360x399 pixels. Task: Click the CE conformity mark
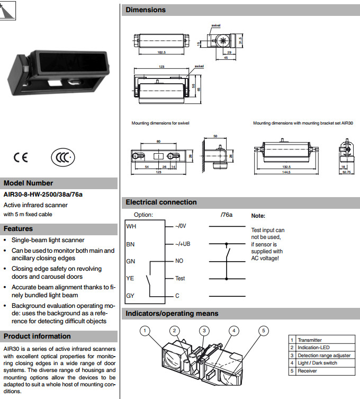(x=22, y=157)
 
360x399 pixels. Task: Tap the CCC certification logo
(x=62, y=157)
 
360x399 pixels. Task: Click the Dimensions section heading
(x=146, y=10)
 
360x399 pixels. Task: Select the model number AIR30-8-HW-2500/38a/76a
(x=43, y=194)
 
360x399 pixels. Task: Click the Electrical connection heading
(x=161, y=202)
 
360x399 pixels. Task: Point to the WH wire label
(x=131, y=226)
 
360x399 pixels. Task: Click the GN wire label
(x=130, y=261)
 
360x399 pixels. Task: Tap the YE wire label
(x=130, y=278)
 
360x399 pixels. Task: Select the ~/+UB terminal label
(x=182, y=244)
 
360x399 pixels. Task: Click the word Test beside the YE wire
(x=181, y=278)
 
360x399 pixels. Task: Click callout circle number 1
(x=146, y=331)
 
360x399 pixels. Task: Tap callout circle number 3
(x=204, y=331)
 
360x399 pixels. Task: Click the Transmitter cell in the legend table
(x=310, y=340)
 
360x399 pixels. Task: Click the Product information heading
(x=37, y=336)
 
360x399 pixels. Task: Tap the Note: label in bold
(x=258, y=216)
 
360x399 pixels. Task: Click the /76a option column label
(x=227, y=215)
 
